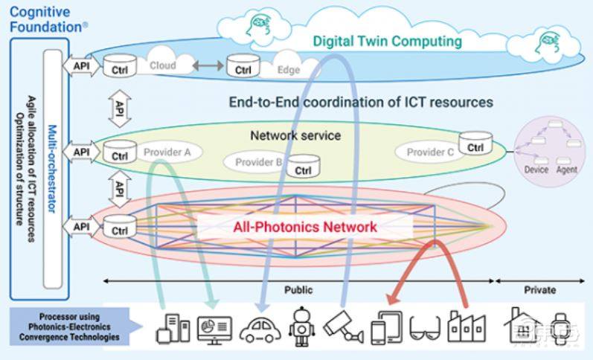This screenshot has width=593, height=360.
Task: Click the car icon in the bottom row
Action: tap(260, 328)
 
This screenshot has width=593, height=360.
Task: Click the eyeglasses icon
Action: tap(425, 327)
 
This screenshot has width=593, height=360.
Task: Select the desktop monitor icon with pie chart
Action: tap(215, 328)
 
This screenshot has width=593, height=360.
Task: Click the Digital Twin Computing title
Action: tap(387, 42)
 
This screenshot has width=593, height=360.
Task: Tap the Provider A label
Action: tap(167, 152)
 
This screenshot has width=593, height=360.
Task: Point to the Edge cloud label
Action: tap(288, 70)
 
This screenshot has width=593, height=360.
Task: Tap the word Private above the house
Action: tap(539, 290)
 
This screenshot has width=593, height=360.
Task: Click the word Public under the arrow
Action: tap(298, 290)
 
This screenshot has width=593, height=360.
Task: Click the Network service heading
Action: tap(295, 135)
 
